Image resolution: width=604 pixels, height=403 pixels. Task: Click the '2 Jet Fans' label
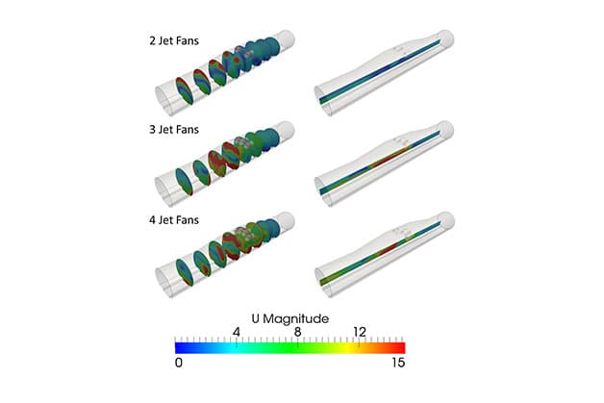click(x=174, y=40)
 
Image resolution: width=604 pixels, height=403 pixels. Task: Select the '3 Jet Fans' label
click(x=174, y=129)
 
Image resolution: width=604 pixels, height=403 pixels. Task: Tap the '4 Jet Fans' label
click(x=174, y=219)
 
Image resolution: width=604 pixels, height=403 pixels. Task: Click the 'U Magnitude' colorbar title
click(x=290, y=318)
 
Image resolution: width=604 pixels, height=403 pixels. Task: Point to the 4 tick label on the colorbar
click(x=237, y=331)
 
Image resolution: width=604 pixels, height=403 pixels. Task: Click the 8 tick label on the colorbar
click(x=297, y=331)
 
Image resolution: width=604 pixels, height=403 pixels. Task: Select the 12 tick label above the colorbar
click(x=360, y=331)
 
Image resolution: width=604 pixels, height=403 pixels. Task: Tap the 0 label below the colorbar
click(x=179, y=363)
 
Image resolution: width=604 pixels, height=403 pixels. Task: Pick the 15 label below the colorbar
click(x=398, y=363)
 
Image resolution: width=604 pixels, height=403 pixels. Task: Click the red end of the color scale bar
click(x=401, y=348)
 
